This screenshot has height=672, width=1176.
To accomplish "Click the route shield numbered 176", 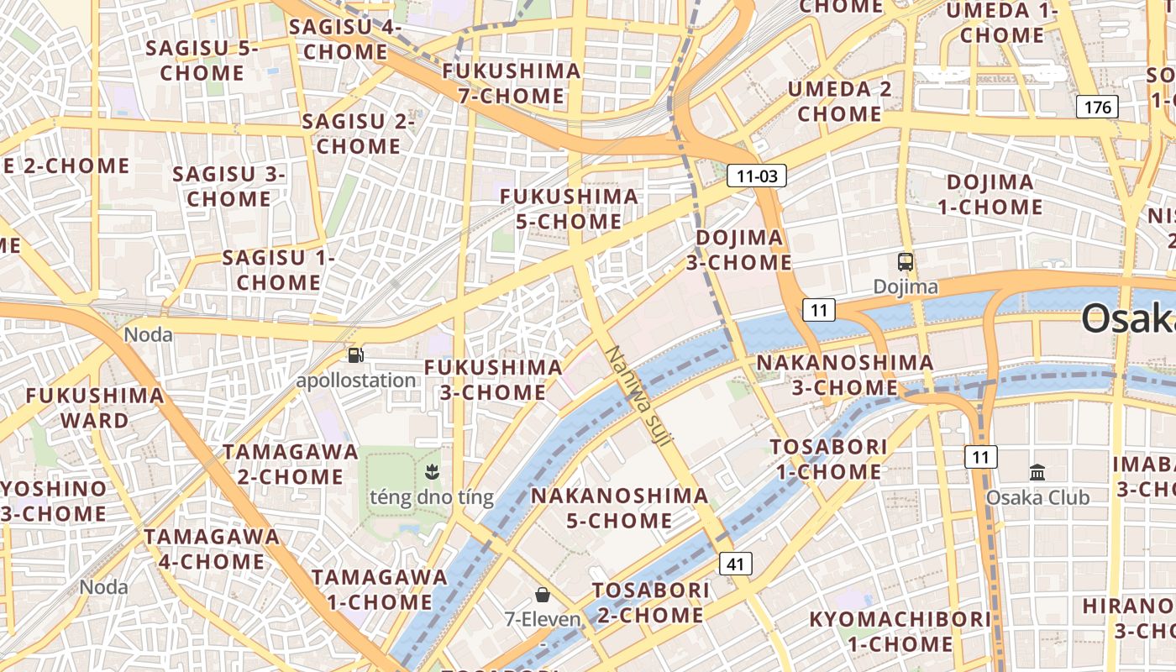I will [x=1097, y=107].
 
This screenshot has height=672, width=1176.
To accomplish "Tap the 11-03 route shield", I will [x=756, y=176].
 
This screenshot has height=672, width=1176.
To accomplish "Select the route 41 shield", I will [x=735, y=564].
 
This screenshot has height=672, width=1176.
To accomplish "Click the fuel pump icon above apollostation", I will [x=356, y=355].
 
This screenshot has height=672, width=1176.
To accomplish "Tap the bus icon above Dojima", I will [x=906, y=262].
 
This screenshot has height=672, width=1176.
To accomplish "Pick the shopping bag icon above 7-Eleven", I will [x=543, y=595].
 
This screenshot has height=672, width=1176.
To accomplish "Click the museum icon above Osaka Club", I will [x=1037, y=472].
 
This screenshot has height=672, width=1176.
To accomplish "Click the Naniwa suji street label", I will [x=638, y=396].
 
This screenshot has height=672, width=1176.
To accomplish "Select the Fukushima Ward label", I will [x=95, y=407].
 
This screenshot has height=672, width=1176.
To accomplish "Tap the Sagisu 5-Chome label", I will [x=202, y=60].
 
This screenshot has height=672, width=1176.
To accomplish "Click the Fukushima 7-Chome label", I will [x=512, y=83].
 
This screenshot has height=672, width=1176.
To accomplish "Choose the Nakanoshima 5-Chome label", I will [x=620, y=508].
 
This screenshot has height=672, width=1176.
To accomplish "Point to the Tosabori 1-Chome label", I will [x=828, y=459].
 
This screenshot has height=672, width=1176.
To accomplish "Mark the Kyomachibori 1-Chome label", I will [x=900, y=632].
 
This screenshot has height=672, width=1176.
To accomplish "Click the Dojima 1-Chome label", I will [x=990, y=194].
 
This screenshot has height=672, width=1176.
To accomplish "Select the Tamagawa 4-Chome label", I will [x=212, y=549].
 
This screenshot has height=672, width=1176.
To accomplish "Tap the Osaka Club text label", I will [x=1037, y=497].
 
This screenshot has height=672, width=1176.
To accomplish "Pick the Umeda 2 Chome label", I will [x=840, y=101].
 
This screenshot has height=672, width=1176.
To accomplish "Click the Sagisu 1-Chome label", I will [x=278, y=270].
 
